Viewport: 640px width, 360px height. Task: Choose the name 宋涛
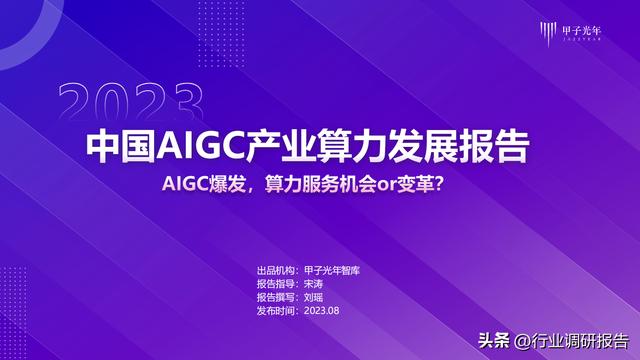pyautogui.click(x=314, y=285)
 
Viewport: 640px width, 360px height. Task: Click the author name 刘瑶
pyautogui.click(x=314, y=297)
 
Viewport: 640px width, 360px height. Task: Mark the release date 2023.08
pyautogui.click(x=323, y=310)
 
